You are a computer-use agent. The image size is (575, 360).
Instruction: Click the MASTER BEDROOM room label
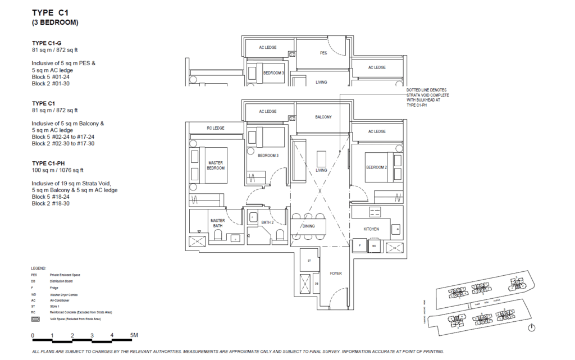point(216,165)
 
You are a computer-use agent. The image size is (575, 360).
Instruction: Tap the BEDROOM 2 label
point(377,167)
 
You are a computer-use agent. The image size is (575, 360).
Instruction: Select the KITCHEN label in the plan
point(371,229)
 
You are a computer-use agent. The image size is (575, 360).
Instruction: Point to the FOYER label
point(336,274)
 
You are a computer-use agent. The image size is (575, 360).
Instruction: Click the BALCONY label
point(323,117)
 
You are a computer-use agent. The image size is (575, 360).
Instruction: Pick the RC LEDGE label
point(215,128)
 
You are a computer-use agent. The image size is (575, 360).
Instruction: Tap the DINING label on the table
point(309,226)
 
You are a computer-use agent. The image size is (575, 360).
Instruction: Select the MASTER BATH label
point(217,224)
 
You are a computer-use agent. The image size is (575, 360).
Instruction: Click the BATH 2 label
point(267,223)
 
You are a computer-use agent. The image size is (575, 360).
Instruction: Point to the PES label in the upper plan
point(323,53)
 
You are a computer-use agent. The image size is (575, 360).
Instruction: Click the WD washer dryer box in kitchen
point(373,245)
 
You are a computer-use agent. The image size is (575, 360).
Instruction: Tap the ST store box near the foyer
point(309,261)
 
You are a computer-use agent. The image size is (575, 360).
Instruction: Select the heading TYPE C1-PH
point(49,163)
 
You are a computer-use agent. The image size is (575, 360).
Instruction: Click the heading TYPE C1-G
point(47,43)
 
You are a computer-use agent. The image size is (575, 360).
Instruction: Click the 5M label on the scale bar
point(134,335)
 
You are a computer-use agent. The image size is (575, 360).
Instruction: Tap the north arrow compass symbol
point(532,327)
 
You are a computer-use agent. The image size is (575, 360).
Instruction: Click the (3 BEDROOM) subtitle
point(55,23)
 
